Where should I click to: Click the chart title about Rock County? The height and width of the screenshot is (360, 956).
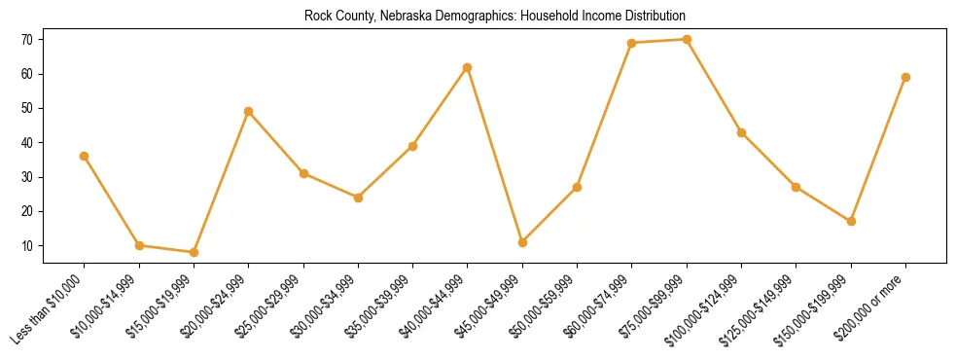pos(494,16)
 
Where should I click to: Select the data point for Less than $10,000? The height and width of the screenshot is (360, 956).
pos(84,156)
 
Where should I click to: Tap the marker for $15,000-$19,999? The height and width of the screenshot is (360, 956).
pos(194,252)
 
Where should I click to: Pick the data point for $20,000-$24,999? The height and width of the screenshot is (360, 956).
pos(248,111)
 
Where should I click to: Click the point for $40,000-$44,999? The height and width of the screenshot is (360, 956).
pos(468,67)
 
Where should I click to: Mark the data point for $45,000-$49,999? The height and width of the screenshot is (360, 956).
pos(522,242)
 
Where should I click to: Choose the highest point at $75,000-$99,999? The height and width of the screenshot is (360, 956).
pos(687,40)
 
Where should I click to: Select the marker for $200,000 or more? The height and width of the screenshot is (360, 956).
pos(905,77)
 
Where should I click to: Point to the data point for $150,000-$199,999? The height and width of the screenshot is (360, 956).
pos(851,221)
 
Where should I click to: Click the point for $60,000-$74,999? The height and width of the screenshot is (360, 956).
pos(632,43)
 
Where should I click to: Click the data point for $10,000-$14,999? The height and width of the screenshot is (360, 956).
pos(139,245)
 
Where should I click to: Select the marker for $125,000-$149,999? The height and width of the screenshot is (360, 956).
pos(796,187)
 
